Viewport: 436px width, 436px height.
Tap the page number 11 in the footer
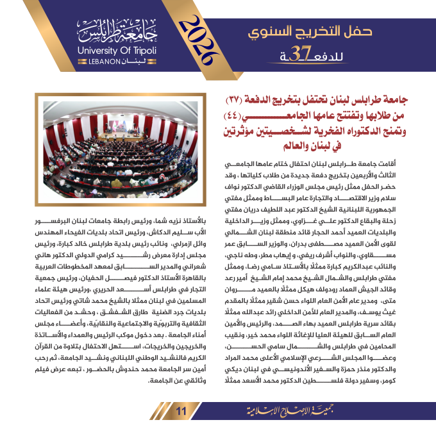[x=181, y=411]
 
